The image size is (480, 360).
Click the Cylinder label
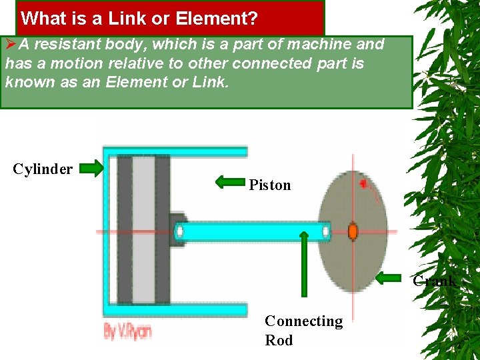tap(43, 169)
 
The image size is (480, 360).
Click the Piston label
tap(270, 185)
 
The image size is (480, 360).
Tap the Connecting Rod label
tap(303, 331)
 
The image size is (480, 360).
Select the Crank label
tap(434, 281)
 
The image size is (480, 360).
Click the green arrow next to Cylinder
tap(92, 168)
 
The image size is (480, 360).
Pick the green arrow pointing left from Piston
tap(230, 181)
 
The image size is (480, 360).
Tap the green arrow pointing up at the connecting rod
tap(303, 263)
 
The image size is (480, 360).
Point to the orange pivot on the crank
tap(353, 231)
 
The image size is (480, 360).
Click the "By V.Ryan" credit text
tap(128, 331)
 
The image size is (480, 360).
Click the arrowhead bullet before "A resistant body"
tap(11, 45)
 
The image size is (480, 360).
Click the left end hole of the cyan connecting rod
tap(179, 231)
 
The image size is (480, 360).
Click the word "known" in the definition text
tap(26, 82)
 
